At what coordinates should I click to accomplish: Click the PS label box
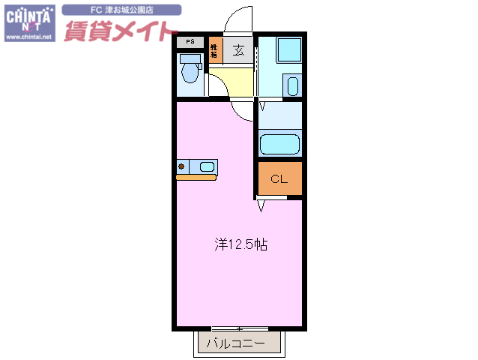(x=190, y=42)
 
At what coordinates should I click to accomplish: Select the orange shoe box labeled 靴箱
(x=215, y=51)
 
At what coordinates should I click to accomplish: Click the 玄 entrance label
(x=238, y=51)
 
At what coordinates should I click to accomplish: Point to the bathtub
(x=279, y=142)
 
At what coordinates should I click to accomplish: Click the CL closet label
(x=279, y=178)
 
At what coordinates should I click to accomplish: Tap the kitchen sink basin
(x=206, y=166)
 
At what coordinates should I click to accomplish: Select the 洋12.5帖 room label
(x=241, y=244)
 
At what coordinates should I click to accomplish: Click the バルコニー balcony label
(x=235, y=343)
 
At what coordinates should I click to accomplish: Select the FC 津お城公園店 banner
(x=121, y=10)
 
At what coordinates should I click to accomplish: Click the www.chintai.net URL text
(x=29, y=36)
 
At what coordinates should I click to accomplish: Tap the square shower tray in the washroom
(x=288, y=50)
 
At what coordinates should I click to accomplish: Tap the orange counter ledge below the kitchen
(x=196, y=178)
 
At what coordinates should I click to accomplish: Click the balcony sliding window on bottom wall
(x=240, y=328)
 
